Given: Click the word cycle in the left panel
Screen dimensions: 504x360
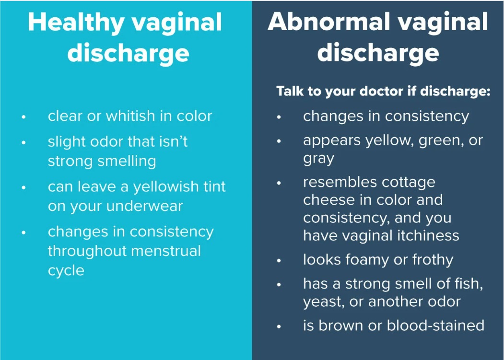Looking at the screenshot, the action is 66,271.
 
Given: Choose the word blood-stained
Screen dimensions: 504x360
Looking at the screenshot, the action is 435,325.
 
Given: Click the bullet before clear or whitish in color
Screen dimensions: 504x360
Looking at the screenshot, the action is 23,117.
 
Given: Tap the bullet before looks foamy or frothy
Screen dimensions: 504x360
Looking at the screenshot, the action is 279,261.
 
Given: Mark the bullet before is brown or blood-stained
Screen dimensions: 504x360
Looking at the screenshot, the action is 279,326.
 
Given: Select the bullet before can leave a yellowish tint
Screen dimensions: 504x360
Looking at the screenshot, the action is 23,188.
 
